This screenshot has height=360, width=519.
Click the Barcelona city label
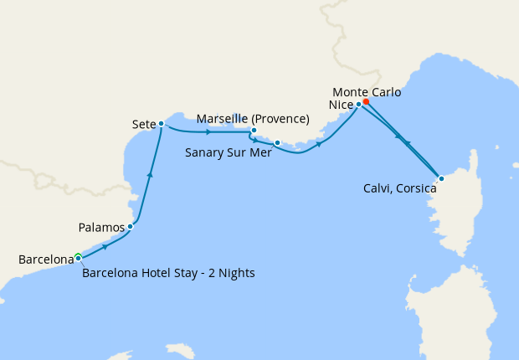[x=46, y=260]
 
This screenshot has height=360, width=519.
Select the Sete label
[x=144, y=124]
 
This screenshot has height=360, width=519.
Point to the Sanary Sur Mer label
[x=226, y=152]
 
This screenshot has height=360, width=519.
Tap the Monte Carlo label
[x=366, y=91]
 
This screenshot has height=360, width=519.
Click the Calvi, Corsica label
[x=398, y=189]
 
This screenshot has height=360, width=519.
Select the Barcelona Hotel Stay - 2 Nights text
[x=168, y=273]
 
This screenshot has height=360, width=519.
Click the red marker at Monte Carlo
[x=366, y=102]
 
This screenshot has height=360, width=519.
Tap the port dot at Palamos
[x=130, y=226]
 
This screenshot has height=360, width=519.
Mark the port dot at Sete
[x=161, y=124]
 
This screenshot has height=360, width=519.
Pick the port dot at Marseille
[x=254, y=131]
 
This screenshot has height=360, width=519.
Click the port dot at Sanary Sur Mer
[x=277, y=143]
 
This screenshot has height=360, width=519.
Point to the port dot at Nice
[x=358, y=105]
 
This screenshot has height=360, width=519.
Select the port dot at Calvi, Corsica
[x=441, y=177]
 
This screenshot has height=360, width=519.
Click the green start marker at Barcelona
[x=77, y=255]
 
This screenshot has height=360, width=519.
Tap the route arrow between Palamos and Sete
[x=150, y=175]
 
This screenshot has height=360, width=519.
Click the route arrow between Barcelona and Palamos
[x=105, y=247]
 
